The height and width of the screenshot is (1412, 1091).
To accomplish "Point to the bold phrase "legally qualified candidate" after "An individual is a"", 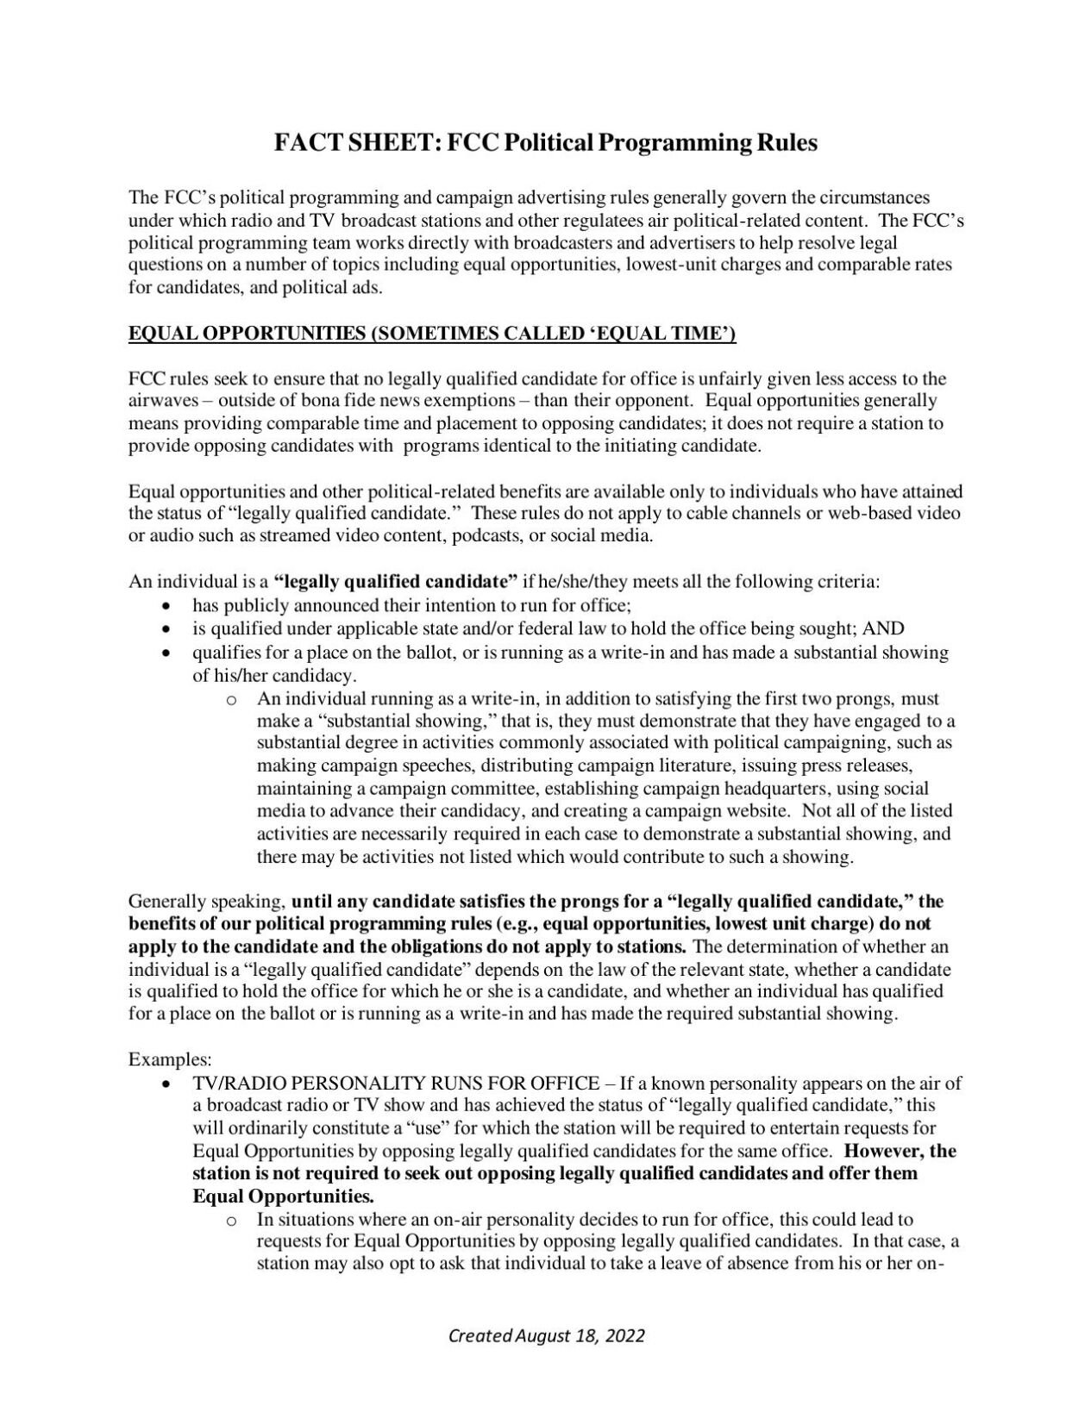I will tap(396, 582).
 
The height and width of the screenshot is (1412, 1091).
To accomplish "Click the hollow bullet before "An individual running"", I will tap(230, 699).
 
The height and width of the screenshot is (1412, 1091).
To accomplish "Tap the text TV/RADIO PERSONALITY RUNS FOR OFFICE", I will tap(396, 1084).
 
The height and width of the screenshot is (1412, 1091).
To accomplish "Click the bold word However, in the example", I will tap(886, 1151).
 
